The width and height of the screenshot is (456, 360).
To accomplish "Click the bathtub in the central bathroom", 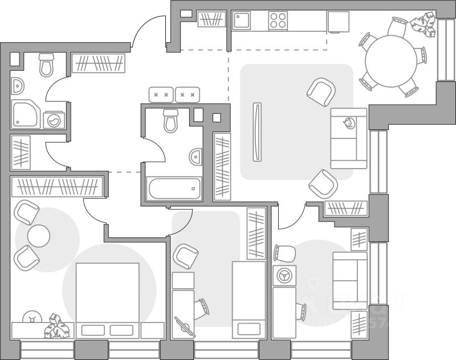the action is tap(174, 189).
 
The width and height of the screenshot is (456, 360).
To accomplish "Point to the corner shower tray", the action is tap(27, 114).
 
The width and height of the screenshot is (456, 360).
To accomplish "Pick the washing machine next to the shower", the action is tap(54, 120).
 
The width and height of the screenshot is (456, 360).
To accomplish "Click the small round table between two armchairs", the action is tap(38, 236).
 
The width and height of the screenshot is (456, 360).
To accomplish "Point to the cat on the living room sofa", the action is tap(348, 122).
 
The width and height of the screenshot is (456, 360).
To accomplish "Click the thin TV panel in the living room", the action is tap(257, 132).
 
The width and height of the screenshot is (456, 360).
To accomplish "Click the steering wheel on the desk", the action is tap(283, 275).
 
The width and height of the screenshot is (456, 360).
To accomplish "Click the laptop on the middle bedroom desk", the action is tap(184, 327).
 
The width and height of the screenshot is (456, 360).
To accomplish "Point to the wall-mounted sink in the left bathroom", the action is tap(18, 85).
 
